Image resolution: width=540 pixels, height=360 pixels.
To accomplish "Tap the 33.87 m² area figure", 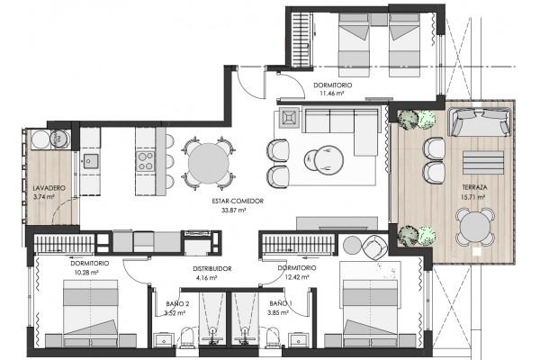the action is (234, 210).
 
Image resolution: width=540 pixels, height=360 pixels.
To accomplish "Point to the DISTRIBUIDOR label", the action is (212, 269).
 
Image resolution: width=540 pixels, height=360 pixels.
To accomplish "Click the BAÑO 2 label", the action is (177, 304).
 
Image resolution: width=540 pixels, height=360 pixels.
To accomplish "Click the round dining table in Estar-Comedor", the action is (209, 163).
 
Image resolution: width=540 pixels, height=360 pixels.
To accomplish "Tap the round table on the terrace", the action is (475, 227).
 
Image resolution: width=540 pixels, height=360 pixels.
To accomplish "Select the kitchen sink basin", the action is (91, 161).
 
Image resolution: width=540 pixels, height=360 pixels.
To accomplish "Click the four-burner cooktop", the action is (145, 161).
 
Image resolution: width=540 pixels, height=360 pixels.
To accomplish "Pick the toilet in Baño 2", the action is (188, 337).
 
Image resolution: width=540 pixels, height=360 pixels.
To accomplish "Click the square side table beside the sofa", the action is (289, 118).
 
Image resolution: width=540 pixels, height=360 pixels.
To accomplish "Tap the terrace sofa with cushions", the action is (480, 122).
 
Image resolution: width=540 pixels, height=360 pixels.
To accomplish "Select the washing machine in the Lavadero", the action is (61, 139).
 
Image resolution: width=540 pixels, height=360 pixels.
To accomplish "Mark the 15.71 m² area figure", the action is (472, 197).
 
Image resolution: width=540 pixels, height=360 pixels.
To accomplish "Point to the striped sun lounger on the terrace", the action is (483, 162).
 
